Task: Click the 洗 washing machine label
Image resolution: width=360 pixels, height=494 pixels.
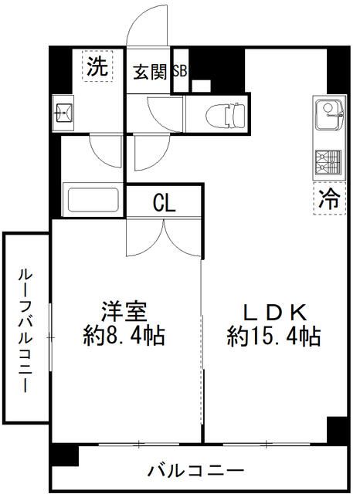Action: tap(96, 67)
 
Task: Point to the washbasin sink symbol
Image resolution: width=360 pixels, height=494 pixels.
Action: tap(63, 114)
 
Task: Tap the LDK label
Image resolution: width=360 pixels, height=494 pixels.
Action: tap(274, 312)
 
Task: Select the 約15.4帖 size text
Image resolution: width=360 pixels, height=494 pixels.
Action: tap(274, 337)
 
